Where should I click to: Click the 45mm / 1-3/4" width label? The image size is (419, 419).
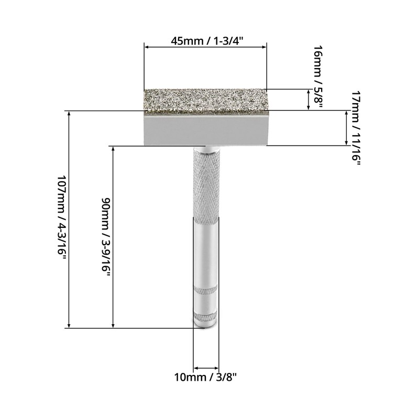coord(207,41)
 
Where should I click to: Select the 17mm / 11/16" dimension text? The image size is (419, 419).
coord(356,128)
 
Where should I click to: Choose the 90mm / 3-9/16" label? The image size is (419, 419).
coord(106,238)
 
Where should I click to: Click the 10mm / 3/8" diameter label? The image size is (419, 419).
coord(205,378)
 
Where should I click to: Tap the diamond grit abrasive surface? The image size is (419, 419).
coord(206,100)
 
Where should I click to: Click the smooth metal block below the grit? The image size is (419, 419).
coord(206,129)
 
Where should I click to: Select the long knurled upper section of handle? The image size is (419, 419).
coord(206,186)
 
